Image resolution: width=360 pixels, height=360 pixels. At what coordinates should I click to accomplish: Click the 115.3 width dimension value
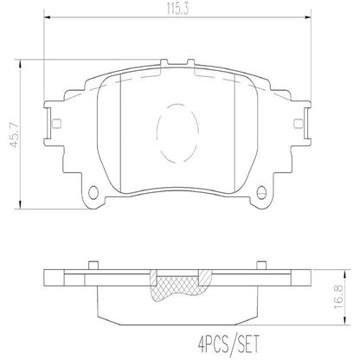(177, 9)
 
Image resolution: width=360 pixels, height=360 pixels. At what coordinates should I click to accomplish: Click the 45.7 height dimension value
(14, 135)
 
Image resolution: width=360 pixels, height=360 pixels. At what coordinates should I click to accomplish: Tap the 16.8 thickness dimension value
(339, 298)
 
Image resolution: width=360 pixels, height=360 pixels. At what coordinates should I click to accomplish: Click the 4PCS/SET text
(229, 344)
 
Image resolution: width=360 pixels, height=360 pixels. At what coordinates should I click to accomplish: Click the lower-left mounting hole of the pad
(93, 192)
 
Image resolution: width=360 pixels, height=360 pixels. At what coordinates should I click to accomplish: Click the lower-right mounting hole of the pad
(261, 192)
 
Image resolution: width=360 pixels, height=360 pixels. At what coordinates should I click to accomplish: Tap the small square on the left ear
(57, 123)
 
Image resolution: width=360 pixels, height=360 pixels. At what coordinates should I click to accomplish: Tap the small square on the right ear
(298, 123)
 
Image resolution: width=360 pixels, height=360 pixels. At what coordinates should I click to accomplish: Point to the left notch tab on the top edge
(164, 62)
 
